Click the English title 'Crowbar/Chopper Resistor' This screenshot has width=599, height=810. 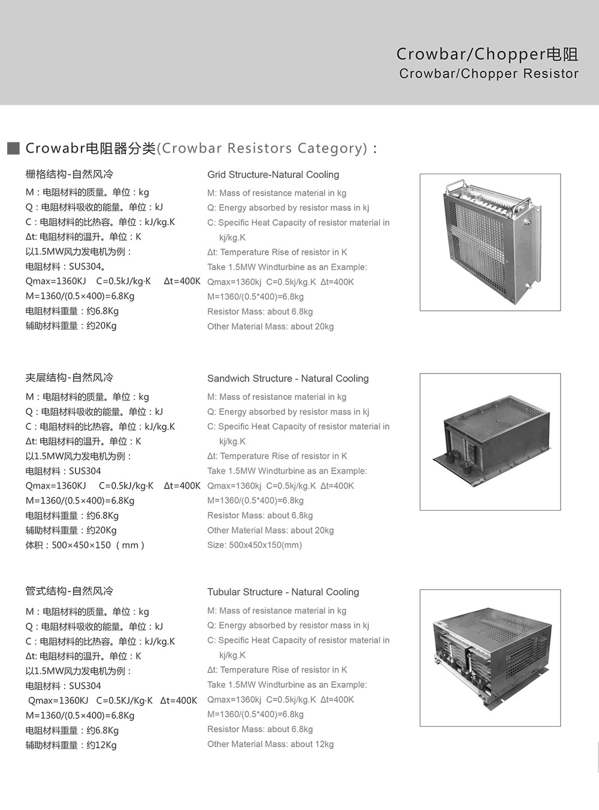489,74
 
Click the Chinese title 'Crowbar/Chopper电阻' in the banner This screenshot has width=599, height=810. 487,54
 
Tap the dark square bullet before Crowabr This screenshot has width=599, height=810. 13,148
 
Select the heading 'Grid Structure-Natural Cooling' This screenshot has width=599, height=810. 273,175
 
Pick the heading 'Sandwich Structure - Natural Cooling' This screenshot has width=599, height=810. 288,378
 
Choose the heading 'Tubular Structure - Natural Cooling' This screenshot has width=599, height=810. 283,592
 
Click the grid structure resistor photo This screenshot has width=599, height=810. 490,242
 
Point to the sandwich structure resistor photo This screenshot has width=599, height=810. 490,442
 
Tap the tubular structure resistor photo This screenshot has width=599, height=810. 490,657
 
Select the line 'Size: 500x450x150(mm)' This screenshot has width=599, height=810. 255,545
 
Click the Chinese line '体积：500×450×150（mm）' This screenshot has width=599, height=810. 85,545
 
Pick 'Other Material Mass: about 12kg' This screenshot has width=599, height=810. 270,744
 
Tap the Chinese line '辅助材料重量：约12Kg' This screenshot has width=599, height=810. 71,745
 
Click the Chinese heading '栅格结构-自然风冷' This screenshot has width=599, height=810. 69,174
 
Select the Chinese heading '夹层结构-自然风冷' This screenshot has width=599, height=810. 69,378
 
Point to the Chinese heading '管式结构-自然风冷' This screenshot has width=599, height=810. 69,591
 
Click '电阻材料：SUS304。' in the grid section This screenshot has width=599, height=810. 66,266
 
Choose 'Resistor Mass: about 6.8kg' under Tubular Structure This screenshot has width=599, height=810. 260,729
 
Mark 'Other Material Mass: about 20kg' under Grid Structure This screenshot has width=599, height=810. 270,326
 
